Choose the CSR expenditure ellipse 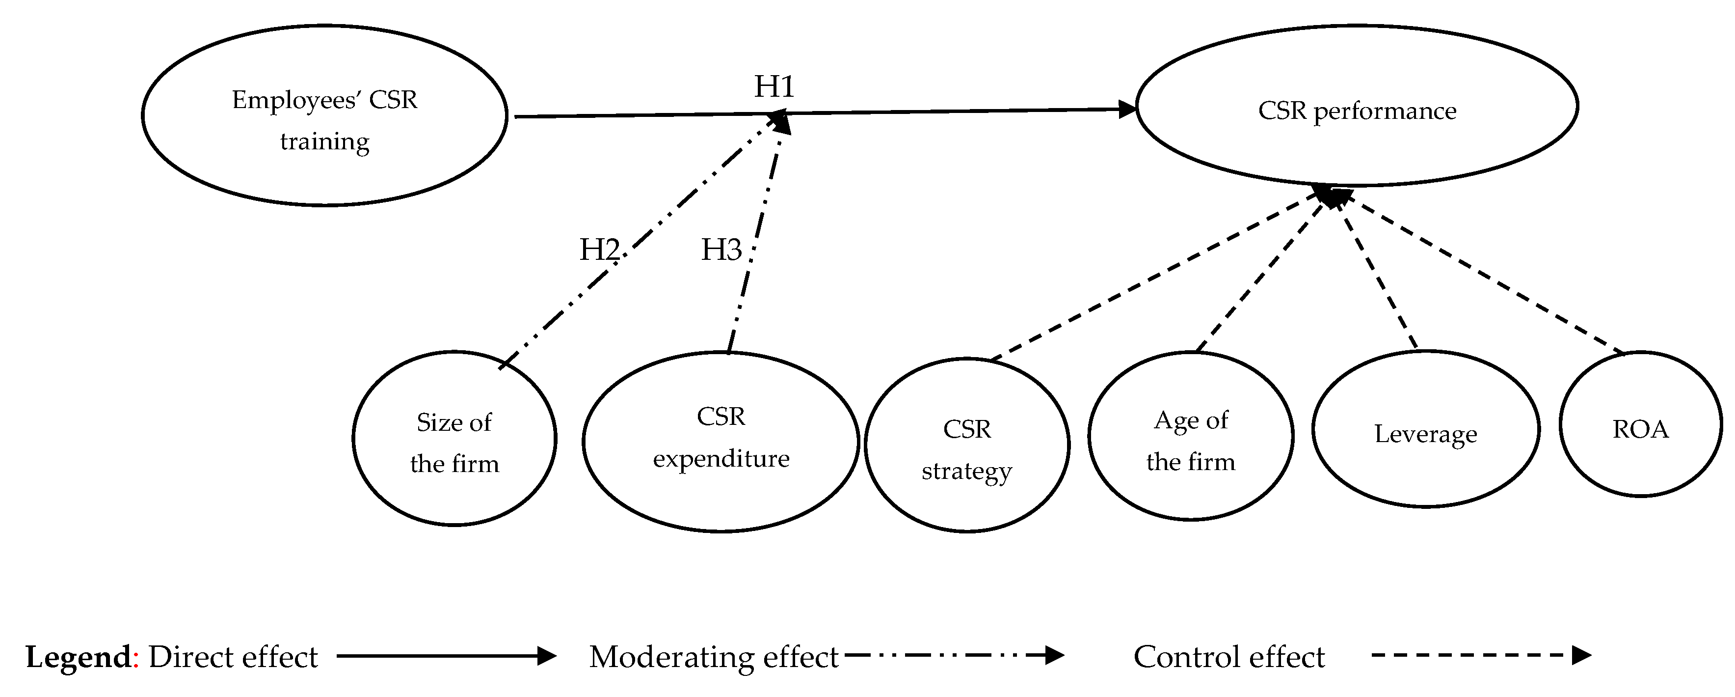click(x=721, y=442)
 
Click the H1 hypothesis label click(x=774, y=86)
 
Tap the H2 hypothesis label click(x=599, y=250)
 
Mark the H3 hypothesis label click(x=721, y=250)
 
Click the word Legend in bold click(x=78, y=657)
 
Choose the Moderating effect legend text click(x=713, y=657)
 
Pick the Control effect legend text click(x=1228, y=657)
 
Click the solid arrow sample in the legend click(x=446, y=656)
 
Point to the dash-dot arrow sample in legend click(x=954, y=655)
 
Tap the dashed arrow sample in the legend click(x=1480, y=655)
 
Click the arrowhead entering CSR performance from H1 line click(x=1127, y=109)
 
